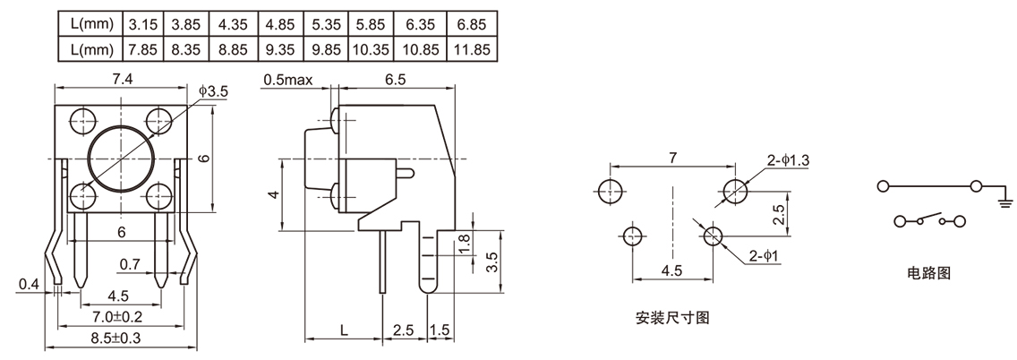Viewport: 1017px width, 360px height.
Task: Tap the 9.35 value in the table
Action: [x=279, y=47]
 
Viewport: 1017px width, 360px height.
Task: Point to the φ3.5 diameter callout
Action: [x=214, y=90]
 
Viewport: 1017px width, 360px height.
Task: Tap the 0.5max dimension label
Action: [x=287, y=80]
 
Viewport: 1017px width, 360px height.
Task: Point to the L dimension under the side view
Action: [x=344, y=330]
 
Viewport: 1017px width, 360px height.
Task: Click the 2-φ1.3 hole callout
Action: [x=788, y=160]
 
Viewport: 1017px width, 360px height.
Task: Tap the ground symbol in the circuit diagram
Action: [x=1004, y=200]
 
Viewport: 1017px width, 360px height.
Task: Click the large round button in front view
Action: [x=122, y=159]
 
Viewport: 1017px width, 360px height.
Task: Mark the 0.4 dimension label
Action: [x=29, y=285]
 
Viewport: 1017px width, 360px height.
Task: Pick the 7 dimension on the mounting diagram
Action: [x=672, y=158]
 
